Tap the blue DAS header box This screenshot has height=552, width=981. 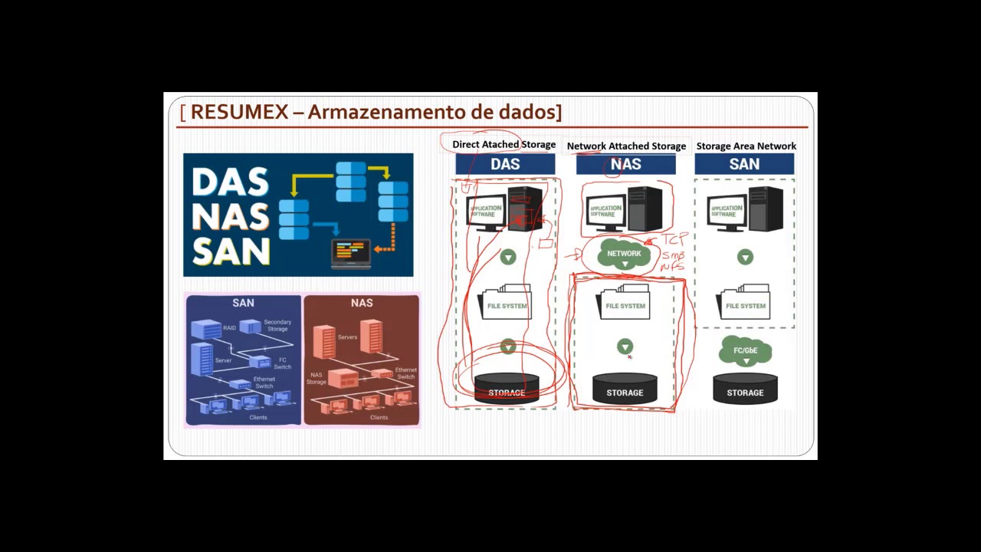pos(505,164)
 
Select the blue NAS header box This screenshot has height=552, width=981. pos(625,164)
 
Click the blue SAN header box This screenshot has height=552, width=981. pos(744,164)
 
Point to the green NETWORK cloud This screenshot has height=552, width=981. pos(624,255)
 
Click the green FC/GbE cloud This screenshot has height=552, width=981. pos(745,351)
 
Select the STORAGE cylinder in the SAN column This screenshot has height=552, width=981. pos(745,389)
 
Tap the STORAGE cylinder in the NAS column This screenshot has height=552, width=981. pos(625,389)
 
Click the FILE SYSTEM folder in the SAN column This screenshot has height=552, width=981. pos(745,304)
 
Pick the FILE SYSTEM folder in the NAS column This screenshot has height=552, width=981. pos(625,304)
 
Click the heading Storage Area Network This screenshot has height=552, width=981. pos(746,146)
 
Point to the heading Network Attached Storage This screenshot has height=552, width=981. pos(626,146)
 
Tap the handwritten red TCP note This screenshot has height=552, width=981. pos(674,240)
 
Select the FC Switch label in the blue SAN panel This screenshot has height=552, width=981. pos(282,363)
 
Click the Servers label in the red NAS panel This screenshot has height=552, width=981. pos(347,337)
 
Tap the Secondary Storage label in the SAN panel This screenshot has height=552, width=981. pos(277,325)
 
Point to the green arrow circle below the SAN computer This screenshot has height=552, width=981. pos(745,258)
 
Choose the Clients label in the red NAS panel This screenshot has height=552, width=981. pos(379,418)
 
